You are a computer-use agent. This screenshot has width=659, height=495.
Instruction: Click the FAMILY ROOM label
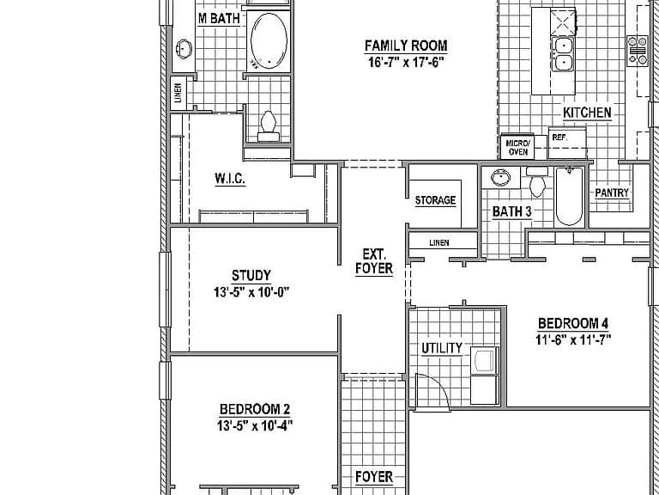(406, 46)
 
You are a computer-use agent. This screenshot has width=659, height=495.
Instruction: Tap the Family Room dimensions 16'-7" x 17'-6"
(406, 62)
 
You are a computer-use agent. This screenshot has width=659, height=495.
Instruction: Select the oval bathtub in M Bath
(269, 41)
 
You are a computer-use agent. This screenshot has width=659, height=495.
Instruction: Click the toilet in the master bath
(268, 125)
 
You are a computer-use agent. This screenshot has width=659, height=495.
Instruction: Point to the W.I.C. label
(230, 179)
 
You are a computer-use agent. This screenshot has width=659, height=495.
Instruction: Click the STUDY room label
(251, 275)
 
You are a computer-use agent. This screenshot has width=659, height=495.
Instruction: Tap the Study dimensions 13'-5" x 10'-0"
(251, 292)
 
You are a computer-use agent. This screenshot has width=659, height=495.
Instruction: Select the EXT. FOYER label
(374, 261)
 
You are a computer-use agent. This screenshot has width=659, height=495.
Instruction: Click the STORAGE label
(435, 200)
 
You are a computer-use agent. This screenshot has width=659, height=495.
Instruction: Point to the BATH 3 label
(512, 211)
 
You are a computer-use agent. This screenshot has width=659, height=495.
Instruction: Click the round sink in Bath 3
(500, 178)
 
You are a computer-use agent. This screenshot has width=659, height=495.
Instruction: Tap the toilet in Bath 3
(537, 181)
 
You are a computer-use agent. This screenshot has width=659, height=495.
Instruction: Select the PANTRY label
(612, 192)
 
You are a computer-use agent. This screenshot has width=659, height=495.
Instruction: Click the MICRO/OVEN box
(517, 147)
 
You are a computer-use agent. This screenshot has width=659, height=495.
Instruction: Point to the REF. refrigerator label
(559, 137)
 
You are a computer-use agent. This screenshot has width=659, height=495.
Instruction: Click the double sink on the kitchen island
(563, 54)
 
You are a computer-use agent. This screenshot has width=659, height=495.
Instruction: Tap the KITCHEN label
(587, 113)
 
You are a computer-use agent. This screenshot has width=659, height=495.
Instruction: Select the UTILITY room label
(442, 348)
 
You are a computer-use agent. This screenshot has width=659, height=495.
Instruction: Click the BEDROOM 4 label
(573, 323)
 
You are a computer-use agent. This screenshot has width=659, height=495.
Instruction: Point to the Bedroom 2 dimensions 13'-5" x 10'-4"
(255, 426)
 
